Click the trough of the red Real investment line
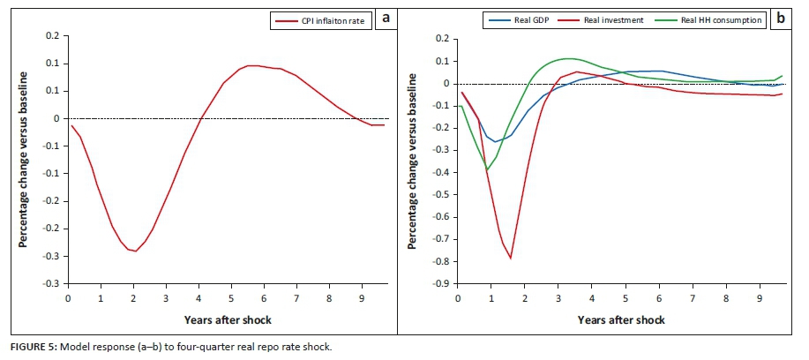(x=510, y=258)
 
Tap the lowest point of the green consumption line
(x=487, y=169)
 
